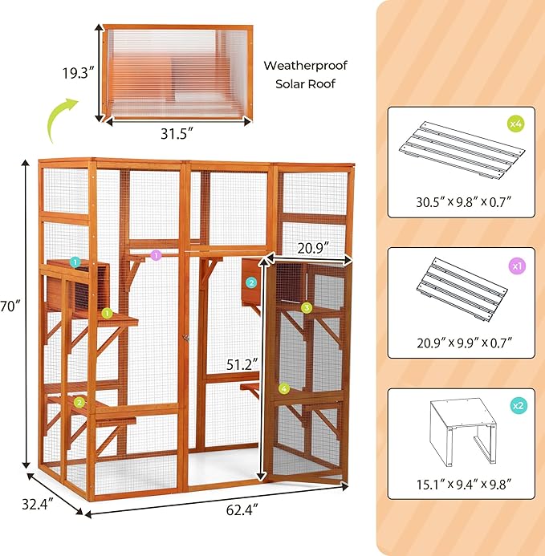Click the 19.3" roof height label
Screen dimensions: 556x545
(80, 71)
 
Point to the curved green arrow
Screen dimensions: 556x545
(63, 115)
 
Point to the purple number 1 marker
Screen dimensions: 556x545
(156, 254)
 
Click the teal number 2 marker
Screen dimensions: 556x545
(251, 282)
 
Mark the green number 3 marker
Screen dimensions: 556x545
(306, 307)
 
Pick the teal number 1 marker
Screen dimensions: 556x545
(75, 262)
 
